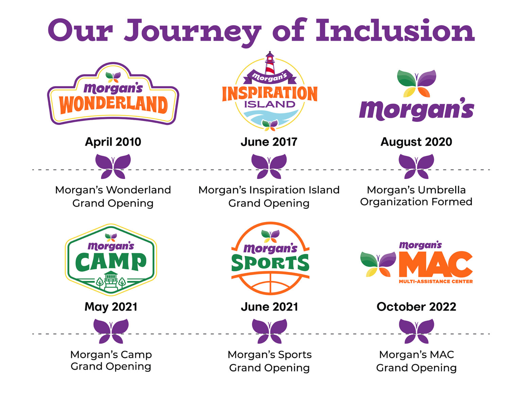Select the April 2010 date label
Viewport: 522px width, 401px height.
[x=113, y=142]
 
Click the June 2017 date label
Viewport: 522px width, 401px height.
[x=269, y=142]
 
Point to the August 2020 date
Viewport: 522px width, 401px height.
[x=416, y=142]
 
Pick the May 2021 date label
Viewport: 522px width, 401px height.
[x=111, y=307]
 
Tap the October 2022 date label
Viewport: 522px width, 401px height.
[x=416, y=307]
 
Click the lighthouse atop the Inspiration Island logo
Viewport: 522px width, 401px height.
[x=270, y=64]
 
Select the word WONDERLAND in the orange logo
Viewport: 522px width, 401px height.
[x=113, y=105]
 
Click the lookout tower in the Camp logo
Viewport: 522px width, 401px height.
[x=111, y=281]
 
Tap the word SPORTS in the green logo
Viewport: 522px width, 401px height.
[x=270, y=263]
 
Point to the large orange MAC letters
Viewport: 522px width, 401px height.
[x=436, y=264]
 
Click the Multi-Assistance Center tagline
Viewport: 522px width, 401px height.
[x=436, y=281]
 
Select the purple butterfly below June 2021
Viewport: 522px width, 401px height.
[x=269, y=331]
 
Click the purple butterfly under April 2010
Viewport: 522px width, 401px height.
[x=113, y=166]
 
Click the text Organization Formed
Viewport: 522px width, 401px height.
[x=416, y=202]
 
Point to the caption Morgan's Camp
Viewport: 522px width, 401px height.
[x=111, y=354]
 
